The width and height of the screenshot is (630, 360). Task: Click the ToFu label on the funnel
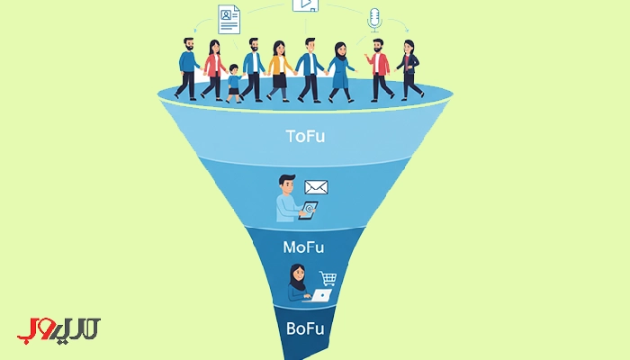[x=305, y=136]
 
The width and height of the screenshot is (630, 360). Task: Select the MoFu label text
[x=303, y=247]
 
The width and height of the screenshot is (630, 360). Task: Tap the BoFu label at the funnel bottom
[x=305, y=328]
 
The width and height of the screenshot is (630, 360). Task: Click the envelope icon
[x=316, y=187]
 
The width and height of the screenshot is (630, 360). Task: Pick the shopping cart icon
[x=328, y=278]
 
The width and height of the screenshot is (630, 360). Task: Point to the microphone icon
[x=374, y=20]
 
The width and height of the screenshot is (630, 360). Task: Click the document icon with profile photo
[x=229, y=19]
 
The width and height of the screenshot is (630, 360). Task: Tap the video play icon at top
[x=305, y=4]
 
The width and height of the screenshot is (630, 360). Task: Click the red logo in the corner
[x=58, y=329]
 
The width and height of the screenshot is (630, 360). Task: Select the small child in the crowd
[x=234, y=84]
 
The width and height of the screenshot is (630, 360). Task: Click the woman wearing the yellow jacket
[x=279, y=70]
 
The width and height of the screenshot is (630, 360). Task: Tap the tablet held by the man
[x=308, y=210]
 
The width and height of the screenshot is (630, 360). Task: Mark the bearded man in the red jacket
[x=379, y=69]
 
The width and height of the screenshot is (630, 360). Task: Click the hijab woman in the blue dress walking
[x=341, y=72]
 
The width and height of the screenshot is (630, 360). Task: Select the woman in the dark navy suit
[x=409, y=69]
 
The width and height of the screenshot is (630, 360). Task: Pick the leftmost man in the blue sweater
[x=187, y=68]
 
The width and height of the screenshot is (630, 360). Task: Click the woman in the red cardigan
[x=214, y=70]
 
